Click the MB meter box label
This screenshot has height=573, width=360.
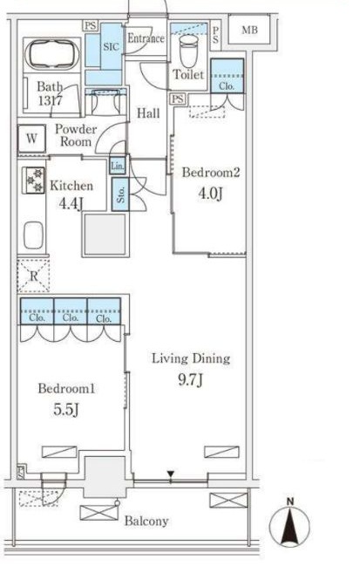[250, 30]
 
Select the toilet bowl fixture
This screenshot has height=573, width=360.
[189, 51]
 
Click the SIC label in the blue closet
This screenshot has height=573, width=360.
[111, 47]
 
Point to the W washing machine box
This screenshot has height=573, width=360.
[32, 139]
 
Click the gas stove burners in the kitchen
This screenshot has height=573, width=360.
[34, 181]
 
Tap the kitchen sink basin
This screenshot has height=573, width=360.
[33, 235]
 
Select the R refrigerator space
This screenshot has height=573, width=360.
[33, 276]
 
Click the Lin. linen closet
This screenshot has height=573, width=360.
[118, 166]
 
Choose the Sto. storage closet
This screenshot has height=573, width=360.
[120, 194]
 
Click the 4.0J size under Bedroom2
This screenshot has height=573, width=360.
[210, 194]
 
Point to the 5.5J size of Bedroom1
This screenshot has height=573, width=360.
[66, 410]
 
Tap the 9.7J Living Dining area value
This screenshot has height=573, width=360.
[190, 380]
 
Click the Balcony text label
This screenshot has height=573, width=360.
[146, 521]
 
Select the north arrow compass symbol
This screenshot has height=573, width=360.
[290, 523]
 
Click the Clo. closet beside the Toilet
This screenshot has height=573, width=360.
[227, 76]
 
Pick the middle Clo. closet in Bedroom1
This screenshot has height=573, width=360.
[71, 311]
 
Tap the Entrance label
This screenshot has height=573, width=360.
[146, 38]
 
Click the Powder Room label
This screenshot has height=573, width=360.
[76, 135]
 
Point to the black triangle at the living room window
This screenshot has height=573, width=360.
[171, 474]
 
